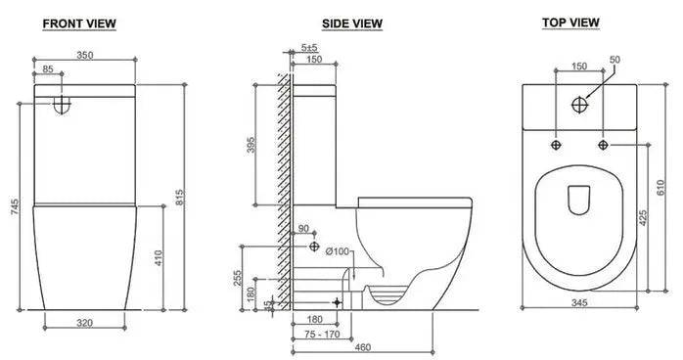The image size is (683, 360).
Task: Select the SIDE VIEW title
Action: (352, 23)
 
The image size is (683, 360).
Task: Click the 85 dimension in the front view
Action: (49, 70)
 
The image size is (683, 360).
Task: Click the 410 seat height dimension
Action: (159, 258)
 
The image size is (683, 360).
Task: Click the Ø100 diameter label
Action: (338, 251)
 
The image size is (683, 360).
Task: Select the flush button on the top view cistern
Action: (581, 102)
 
